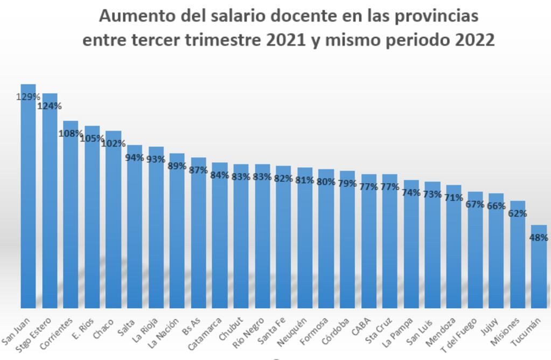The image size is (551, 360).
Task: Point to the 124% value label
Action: pyautogui.click(x=49, y=106)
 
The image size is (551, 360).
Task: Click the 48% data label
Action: pyautogui.click(x=539, y=238)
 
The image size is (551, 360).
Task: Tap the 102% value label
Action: pyautogui.click(x=114, y=144)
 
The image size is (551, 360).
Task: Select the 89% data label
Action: pyautogui.click(x=177, y=166)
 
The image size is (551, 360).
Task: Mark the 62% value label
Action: pyautogui.click(x=517, y=213)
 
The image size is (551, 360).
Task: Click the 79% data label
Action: pyautogui.click(x=347, y=184)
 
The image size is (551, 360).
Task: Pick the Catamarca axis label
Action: pyautogui.click(x=205, y=334)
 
